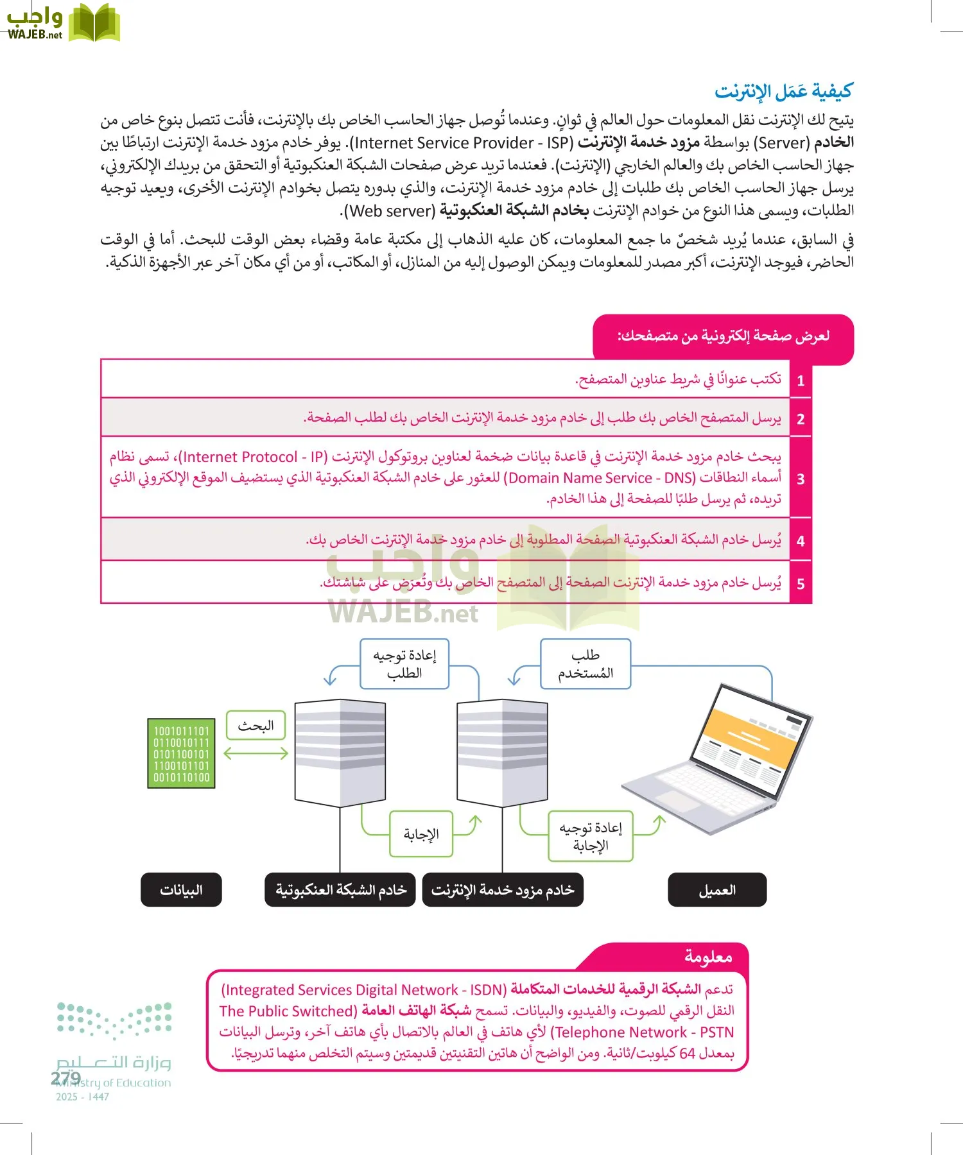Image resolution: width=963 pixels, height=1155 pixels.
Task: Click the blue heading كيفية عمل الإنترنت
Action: (783, 92)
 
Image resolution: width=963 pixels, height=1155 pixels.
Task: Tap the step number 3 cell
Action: (801, 479)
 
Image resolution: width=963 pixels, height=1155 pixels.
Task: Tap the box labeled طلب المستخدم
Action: (586, 664)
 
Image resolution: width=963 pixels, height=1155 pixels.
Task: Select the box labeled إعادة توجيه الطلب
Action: (404, 664)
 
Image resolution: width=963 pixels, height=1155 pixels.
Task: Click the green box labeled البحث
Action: (256, 726)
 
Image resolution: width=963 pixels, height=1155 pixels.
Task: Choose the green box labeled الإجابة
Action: (421, 834)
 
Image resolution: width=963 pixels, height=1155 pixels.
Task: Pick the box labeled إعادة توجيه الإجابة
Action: (591, 837)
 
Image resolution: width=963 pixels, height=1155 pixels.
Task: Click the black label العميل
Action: (717, 890)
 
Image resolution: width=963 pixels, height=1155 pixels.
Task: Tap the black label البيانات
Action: (181, 890)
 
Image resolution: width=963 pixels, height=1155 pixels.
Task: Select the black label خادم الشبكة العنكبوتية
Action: (340, 890)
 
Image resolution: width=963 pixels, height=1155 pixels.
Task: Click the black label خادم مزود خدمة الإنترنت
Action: (503, 890)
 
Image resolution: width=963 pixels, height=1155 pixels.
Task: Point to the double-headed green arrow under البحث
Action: (256, 753)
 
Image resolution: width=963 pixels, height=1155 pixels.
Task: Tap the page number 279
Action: (65, 1078)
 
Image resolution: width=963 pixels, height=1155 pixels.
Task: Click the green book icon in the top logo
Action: (94, 24)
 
